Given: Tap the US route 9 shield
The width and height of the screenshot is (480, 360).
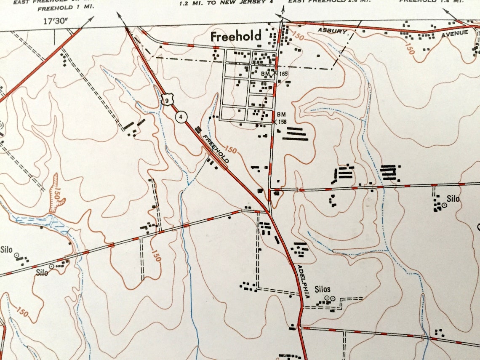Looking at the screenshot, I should click(x=167, y=100).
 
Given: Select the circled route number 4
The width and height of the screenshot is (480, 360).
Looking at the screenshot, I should click(x=181, y=117).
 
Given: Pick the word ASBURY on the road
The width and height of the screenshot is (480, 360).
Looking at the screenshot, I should click(x=332, y=31).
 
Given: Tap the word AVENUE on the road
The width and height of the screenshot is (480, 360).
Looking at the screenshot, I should click(x=454, y=33).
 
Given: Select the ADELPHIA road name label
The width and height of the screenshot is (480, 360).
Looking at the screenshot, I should click(x=303, y=281).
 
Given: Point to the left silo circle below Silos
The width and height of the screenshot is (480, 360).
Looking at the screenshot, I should click(x=326, y=298).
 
